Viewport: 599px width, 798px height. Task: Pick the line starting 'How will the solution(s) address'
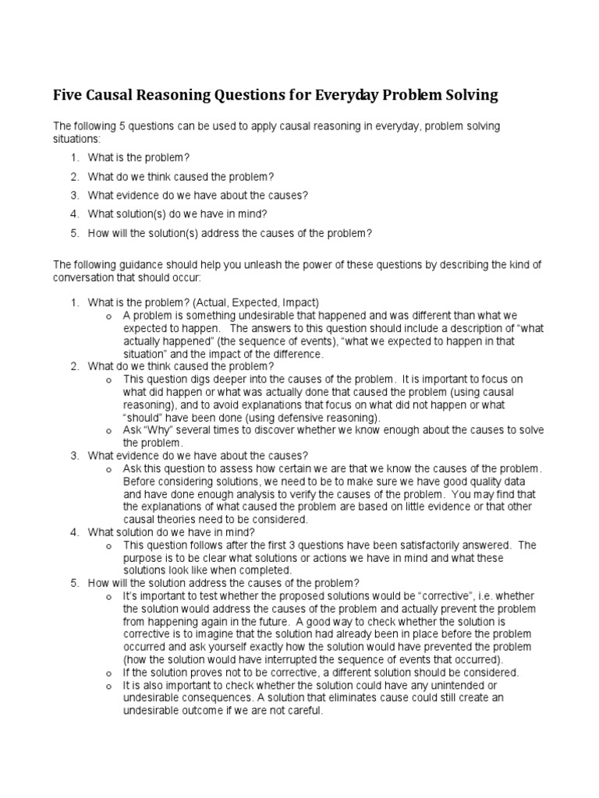click(230, 233)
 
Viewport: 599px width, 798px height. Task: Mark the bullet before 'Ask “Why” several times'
click(108, 430)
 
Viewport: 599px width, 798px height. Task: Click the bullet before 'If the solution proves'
click(108, 673)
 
